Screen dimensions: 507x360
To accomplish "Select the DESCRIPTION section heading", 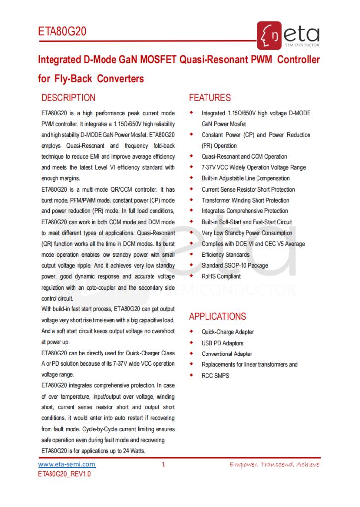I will tap(68, 98).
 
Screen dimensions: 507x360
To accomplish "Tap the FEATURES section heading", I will tap(210, 98).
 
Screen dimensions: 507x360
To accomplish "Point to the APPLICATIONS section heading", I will tap(217, 316).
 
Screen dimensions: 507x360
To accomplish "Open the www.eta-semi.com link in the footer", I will tap(67, 465).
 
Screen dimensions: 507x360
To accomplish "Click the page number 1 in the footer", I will tap(163, 465).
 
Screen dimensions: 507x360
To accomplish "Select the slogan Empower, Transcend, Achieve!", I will tap(275, 465).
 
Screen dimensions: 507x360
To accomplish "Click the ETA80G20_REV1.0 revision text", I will tap(65, 474).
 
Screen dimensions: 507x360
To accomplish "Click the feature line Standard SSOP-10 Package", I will tap(235, 265).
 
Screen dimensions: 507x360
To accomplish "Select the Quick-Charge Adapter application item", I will tap(228, 332).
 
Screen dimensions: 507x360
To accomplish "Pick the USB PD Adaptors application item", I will tap(222, 343).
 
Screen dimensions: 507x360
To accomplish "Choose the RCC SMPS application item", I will tap(215, 376).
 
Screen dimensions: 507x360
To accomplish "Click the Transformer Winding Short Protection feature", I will tap(245, 200).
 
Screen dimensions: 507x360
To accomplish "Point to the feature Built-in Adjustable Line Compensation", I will tap(246, 178).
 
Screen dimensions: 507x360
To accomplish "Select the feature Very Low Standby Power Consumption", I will tap(247, 233).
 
